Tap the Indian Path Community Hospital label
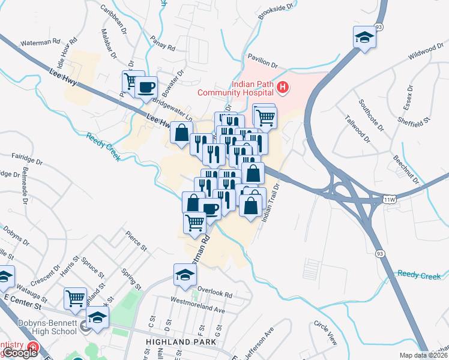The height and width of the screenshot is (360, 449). [x=237, y=88]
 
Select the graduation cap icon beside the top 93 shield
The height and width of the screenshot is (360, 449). [x=364, y=38]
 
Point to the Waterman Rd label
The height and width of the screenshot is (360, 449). [x=41, y=43]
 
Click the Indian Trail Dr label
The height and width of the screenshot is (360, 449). [x=270, y=203]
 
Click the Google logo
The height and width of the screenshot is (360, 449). [x=20, y=353]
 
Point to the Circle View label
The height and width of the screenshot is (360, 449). [x=325, y=331]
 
